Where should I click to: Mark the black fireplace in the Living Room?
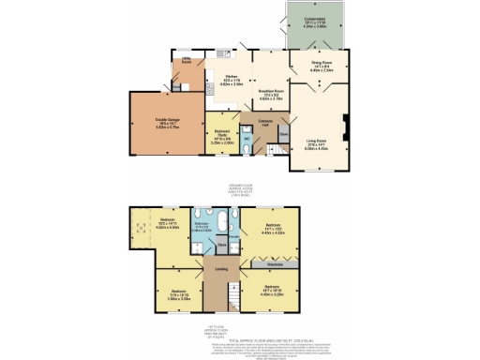click(347, 124)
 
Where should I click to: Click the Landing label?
click(222, 272)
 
